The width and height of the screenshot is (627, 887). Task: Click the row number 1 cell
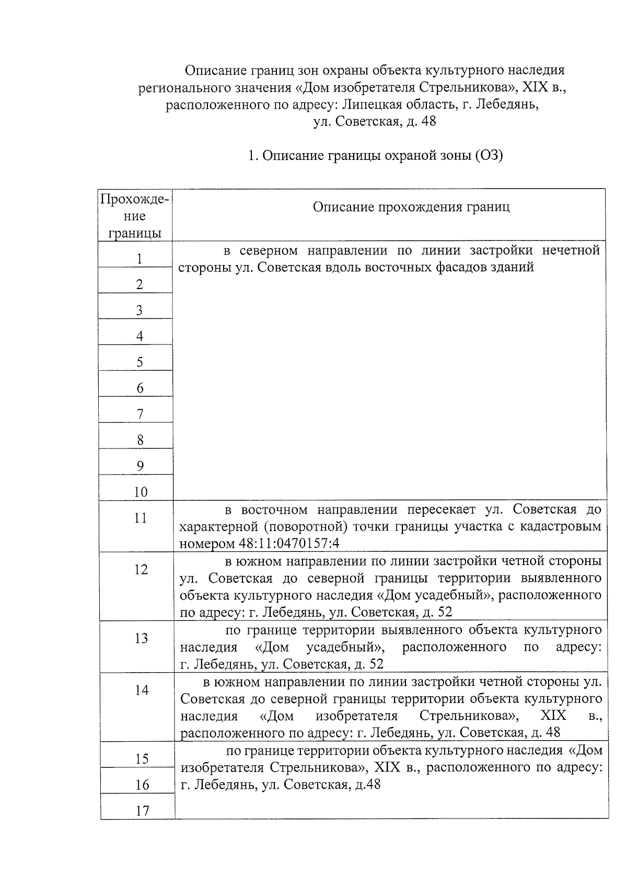pyautogui.click(x=139, y=258)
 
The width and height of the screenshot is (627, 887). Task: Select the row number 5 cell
pyautogui.click(x=140, y=362)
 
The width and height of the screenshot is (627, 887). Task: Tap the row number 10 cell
pyautogui.click(x=141, y=491)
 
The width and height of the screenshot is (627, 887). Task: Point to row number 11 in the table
pyautogui.click(x=141, y=517)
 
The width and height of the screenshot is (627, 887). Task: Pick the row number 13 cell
pyautogui.click(x=141, y=638)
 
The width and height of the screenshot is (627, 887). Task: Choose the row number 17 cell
pyautogui.click(x=142, y=810)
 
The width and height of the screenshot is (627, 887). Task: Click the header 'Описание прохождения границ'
pyautogui.click(x=411, y=207)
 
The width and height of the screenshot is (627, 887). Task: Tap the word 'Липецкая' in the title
pyautogui.click(x=369, y=104)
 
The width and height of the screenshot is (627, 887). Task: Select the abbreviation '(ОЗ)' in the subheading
pyautogui.click(x=489, y=155)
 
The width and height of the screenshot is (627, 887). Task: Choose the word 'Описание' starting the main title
pyautogui.click(x=214, y=70)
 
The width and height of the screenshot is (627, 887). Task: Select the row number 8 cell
pyautogui.click(x=140, y=440)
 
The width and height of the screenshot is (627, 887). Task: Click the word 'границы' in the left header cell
pyautogui.click(x=135, y=233)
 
